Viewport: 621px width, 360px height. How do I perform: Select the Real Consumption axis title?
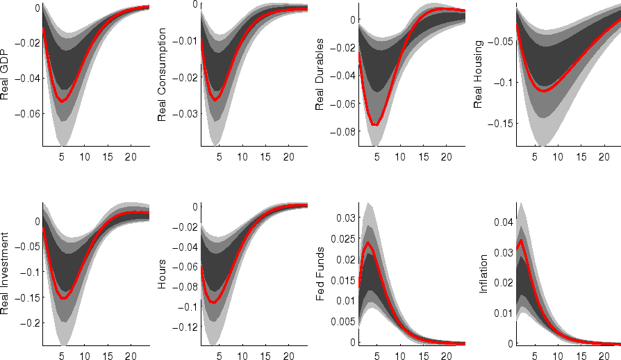click(x=163, y=75)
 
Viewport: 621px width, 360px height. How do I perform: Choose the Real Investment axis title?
click(x=6, y=273)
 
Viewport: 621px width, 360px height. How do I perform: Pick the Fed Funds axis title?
click(x=320, y=273)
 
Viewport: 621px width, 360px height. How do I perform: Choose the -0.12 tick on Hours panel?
click(x=185, y=327)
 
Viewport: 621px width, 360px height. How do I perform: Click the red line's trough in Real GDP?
click(x=63, y=101)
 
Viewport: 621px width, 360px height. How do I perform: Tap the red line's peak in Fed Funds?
click(x=367, y=243)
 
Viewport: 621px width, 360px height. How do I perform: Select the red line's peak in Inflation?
click(x=521, y=240)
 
